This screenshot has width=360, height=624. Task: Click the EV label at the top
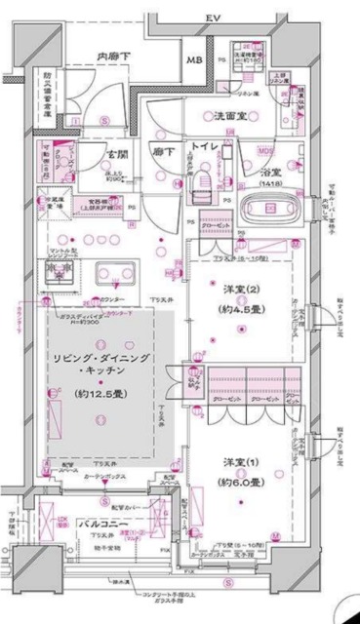tap(212, 19)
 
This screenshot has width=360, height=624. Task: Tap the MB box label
tap(195, 61)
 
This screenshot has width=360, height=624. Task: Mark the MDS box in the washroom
tap(264, 150)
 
